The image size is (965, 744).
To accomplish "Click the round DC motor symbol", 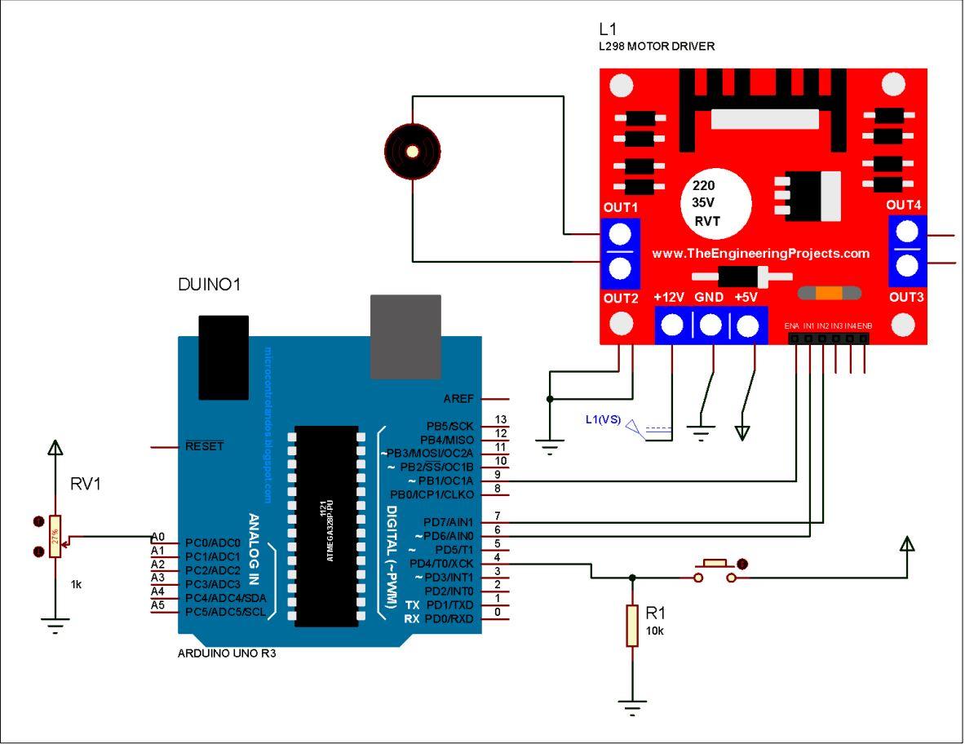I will [412, 151].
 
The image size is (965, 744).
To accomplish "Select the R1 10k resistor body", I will [632, 626].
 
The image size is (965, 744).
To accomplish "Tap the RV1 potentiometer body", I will [55, 537].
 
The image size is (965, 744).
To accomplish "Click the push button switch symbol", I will [715, 571].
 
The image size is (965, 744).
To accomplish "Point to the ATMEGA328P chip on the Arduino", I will [326, 526].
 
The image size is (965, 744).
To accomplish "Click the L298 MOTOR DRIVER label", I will [657, 46].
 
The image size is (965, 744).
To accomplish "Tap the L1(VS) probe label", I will [603, 420].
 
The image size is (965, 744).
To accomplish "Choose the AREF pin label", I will [458, 399].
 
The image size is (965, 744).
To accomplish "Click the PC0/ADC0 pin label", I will [213, 542].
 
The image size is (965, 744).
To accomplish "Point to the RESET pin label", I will [204, 446].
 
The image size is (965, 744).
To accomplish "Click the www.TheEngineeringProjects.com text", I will [760, 254].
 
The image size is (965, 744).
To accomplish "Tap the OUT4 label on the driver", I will [904, 204].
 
